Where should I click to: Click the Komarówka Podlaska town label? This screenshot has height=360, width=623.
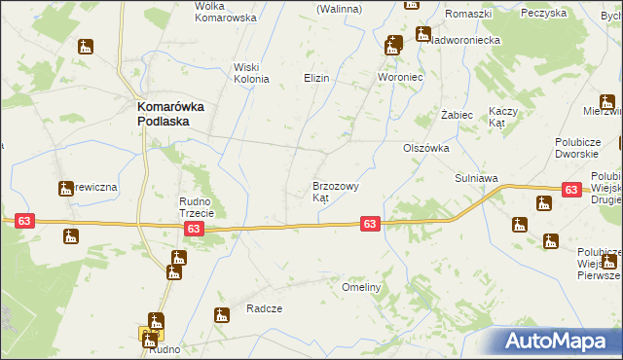pos(168,115)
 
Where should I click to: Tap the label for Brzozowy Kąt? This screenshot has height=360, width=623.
pos(336,191)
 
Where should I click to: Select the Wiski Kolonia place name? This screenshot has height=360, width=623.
pos(250,73)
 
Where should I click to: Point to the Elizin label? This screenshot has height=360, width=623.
pos(316,78)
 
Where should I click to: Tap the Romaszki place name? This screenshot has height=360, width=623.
pos(468,14)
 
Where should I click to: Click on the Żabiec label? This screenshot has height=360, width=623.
pos(457,115)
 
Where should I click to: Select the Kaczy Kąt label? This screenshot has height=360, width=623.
pos(501,117)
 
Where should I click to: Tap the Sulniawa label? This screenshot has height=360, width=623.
pos(476,179)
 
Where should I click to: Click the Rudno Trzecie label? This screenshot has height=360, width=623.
pos(202,206)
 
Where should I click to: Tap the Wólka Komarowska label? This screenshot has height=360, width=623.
pos(225,12)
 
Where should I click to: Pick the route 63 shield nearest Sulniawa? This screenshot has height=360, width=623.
pos(570,191)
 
